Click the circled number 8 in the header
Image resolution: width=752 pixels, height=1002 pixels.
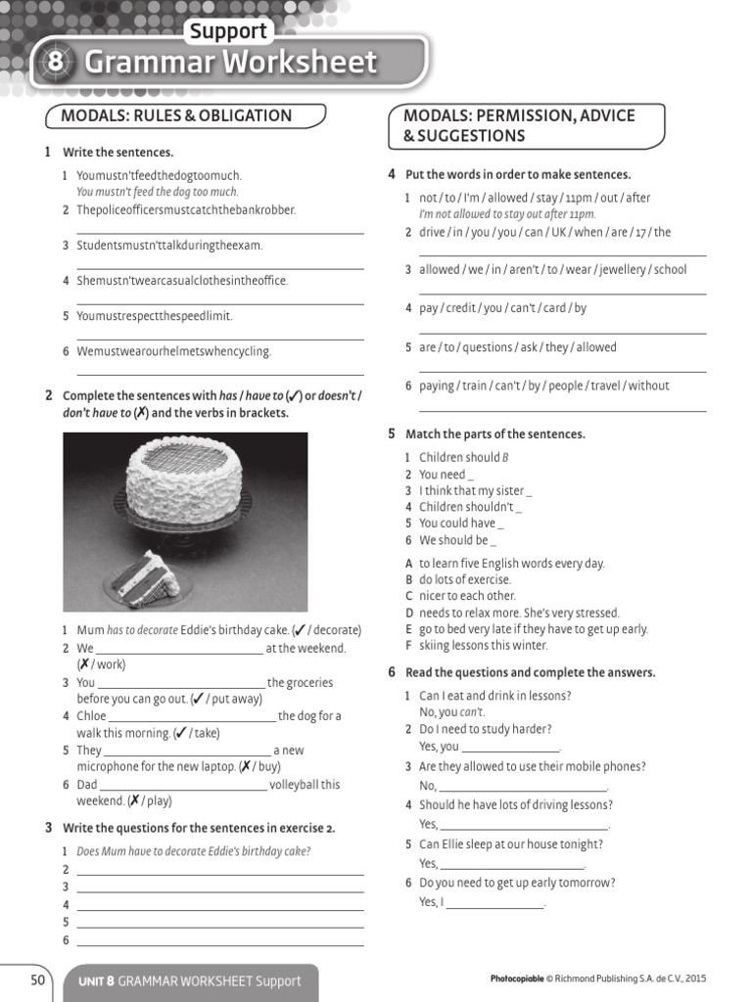click(x=56, y=63)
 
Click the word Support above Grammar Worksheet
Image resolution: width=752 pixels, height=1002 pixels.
click(x=227, y=31)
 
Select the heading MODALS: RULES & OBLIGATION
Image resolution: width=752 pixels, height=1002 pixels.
click(x=176, y=115)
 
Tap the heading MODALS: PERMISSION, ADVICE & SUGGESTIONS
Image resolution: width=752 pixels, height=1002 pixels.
click(x=519, y=125)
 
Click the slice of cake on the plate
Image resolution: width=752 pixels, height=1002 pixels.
click(x=146, y=577)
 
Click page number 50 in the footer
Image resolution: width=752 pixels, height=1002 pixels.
click(x=38, y=979)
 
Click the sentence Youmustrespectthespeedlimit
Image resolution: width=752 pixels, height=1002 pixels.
click(x=155, y=316)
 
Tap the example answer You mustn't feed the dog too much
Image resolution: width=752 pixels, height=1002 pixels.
click(x=158, y=192)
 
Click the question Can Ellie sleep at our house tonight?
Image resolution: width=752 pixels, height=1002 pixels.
click(x=511, y=844)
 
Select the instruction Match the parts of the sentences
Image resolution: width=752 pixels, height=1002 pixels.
click(x=494, y=433)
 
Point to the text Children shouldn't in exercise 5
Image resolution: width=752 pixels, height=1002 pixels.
click(x=466, y=507)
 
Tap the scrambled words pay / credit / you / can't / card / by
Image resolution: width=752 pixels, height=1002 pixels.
click(x=502, y=308)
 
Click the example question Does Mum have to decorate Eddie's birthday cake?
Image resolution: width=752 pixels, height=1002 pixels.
click(x=193, y=851)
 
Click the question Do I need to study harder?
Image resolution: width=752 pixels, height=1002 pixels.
click(x=485, y=729)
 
